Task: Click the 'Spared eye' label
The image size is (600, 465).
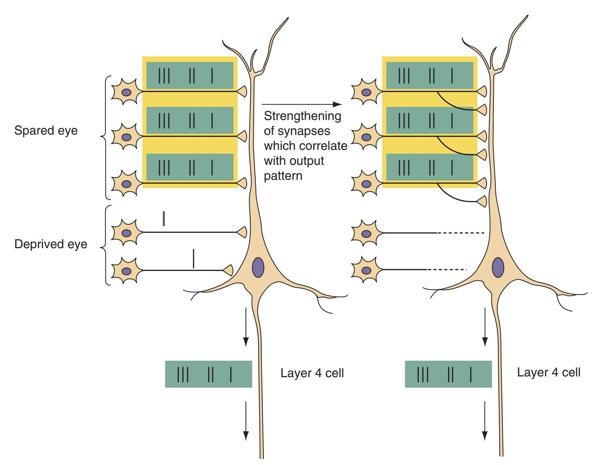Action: [46, 130]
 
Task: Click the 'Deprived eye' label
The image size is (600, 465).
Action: [51, 244]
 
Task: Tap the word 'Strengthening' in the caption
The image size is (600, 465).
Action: [303, 116]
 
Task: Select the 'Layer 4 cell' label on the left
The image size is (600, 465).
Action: [312, 373]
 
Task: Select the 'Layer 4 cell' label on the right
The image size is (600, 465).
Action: [548, 372]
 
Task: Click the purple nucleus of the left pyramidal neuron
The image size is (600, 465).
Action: [258, 268]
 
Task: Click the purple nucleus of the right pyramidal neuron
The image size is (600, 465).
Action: [498, 268]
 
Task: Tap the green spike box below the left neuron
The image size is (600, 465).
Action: [208, 374]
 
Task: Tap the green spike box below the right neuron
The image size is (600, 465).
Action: [448, 374]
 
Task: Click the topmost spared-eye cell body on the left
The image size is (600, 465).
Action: [127, 92]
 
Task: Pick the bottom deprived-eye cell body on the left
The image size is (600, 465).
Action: [127, 271]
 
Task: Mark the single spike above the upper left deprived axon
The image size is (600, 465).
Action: [164, 219]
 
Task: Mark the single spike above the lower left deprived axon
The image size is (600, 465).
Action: [193, 259]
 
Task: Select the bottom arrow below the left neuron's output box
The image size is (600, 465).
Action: [246, 421]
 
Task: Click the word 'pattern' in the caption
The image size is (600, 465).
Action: [283, 176]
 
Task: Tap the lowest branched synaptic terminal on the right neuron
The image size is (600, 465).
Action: [482, 202]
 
